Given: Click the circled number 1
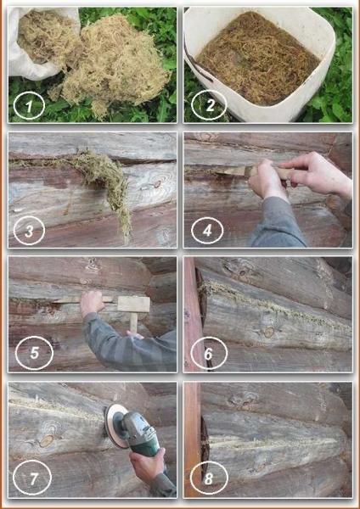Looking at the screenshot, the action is pos(29,106).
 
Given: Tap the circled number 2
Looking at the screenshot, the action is pos(209,105).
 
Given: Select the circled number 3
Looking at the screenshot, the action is pos(29,231).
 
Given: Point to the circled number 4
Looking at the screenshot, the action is pos(207,230).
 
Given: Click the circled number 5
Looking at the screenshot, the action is pos(34,353).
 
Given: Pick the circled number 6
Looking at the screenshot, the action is pos(209,354).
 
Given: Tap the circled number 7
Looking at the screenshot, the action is pos(32,478).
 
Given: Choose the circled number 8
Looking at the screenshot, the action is pos(209,478).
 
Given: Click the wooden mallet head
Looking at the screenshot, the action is pos(133,305).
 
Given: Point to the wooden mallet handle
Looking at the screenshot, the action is pos(133,322).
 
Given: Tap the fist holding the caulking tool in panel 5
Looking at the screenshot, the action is pos(93,303).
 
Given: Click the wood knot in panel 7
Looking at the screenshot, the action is pos(47,440).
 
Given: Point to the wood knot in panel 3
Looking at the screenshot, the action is pos(157,185).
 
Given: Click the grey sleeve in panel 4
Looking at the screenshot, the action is pos(276,224).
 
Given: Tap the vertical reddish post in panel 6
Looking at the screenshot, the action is pos(193,313).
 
